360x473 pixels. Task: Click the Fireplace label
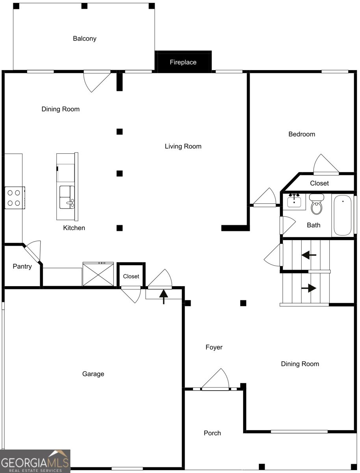(x=183, y=62)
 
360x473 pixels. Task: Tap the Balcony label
(x=84, y=39)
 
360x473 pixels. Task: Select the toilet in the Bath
(x=316, y=205)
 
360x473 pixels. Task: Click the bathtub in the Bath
(x=343, y=215)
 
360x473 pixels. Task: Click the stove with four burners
(x=14, y=198)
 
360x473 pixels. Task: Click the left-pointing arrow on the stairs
(x=309, y=255)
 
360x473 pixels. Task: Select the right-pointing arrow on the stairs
(x=309, y=288)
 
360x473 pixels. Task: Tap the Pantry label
(x=22, y=266)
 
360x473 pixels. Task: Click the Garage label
(x=93, y=374)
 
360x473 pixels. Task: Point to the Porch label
(x=212, y=433)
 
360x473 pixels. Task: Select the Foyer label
(x=214, y=347)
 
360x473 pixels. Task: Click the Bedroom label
(x=302, y=134)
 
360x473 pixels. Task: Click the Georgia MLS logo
(x=35, y=461)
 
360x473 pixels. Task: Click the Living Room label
(x=183, y=146)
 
